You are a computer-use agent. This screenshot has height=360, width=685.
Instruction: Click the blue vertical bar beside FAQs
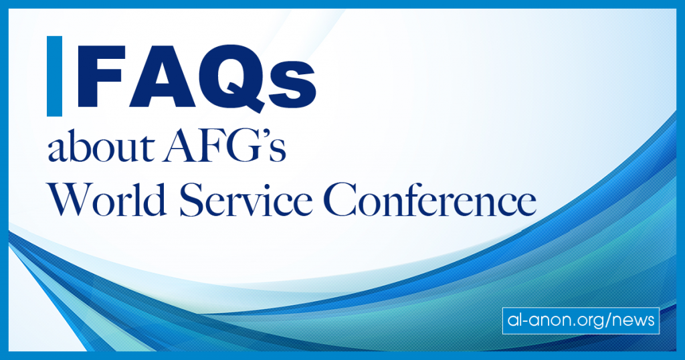click(x=54, y=76)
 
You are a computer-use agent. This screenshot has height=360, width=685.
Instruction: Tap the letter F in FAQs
click(x=100, y=76)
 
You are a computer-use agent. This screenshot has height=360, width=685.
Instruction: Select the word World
click(x=107, y=199)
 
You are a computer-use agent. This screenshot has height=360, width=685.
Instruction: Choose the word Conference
click(x=430, y=199)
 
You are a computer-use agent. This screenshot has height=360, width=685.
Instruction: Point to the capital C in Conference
click(x=342, y=200)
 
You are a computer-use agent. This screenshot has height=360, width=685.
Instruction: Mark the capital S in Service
click(x=191, y=200)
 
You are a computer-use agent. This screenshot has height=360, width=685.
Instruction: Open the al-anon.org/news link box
click(x=581, y=321)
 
